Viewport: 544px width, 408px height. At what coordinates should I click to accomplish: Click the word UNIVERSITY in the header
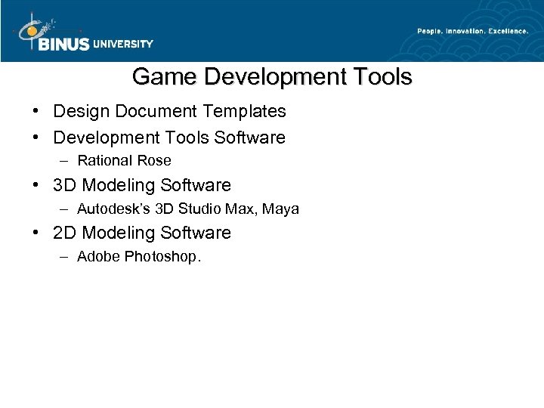[123, 44]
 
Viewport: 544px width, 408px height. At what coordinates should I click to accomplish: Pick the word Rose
[156, 160]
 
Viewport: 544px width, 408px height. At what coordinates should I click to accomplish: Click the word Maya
[283, 209]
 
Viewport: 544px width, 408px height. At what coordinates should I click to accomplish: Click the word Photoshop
[164, 257]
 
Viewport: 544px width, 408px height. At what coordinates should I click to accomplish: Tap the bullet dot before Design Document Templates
[36, 112]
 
